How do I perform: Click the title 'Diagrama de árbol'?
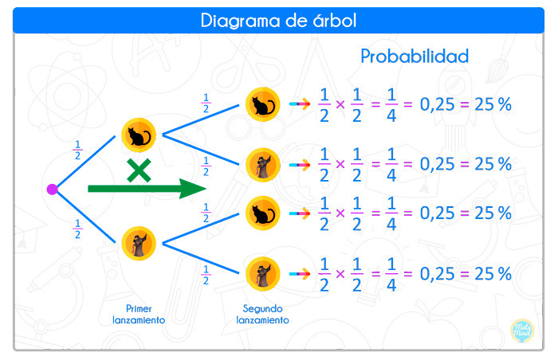click(x=278, y=20)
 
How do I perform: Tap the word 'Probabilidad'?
click(x=415, y=57)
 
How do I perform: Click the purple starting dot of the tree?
click(x=53, y=190)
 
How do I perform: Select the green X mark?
click(x=139, y=170)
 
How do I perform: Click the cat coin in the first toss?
click(x=139, y=135)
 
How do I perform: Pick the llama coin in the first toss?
click(x=139, y=244)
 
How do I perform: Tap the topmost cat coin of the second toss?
click(x=262, y=104)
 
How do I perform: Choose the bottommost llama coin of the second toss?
click(x=262, y=274)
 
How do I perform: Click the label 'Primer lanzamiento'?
click(x=139, y=315)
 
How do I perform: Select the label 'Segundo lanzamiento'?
click(x=262, y=315)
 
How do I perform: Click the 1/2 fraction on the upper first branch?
click(x=77, y=150)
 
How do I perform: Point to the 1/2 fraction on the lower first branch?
click(x=77, y=229)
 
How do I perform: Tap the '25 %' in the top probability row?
click(x=493, y=104)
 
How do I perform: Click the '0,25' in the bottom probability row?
click(x=437, y=274)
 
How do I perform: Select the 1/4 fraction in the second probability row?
click(x=391, y=165)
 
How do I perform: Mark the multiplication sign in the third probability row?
click(x=340, y=213)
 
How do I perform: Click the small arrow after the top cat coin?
click(x=300, y=104)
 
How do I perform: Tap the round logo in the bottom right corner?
click(x=522, y=331)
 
